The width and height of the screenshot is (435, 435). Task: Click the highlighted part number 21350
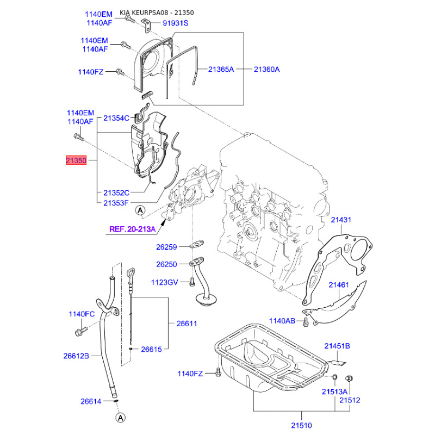pos(76,160)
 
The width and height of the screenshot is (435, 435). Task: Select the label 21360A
pos(266,70)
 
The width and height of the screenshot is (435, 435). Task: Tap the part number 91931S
pos(175,23)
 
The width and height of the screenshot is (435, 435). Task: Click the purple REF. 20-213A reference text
pos(132,229)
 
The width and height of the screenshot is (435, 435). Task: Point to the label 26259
pos(166,247)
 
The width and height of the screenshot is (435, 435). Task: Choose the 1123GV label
pos(165,282)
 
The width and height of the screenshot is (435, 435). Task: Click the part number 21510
pos(301,425)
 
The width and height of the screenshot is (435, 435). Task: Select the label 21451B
pos(337,346)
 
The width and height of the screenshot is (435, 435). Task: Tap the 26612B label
pos(76,356)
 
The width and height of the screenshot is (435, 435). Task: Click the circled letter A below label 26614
pos(120,418)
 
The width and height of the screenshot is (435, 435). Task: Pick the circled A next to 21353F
pos(140,210)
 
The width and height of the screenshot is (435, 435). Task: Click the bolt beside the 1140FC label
pos(81,331)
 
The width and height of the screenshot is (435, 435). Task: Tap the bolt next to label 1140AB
pos(306,322)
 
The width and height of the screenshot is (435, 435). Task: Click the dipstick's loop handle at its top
pos(130,272)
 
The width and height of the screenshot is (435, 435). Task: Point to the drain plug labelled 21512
pos(349,378)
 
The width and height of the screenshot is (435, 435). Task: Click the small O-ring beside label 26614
pos(116,401)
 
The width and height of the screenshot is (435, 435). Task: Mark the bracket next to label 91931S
pos(147,26)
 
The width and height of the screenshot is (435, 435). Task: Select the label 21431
pos(341,220)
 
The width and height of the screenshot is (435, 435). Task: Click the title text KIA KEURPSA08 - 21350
pos(157,13)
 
